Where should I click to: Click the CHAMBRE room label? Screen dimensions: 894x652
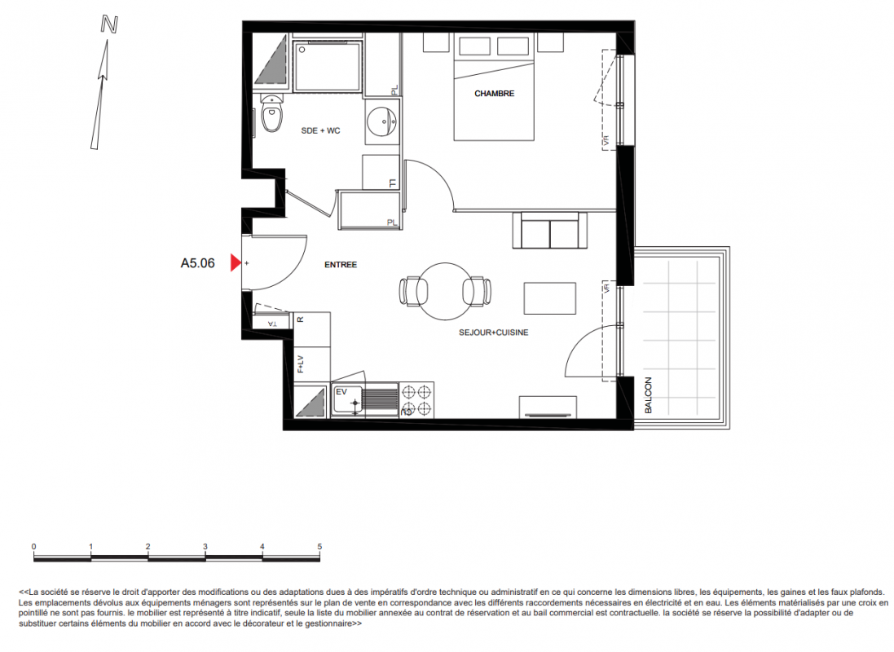(495, 94)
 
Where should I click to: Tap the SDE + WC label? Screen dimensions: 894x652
(320, 130)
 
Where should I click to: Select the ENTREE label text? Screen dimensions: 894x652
(341, 265)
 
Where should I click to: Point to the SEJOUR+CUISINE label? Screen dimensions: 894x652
(494, 333)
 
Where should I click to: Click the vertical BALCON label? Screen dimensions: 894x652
(648, 395)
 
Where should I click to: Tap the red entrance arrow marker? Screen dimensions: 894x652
(236, 263)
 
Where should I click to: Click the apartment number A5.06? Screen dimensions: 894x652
(198, 263)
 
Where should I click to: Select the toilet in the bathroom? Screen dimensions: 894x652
(272, 113)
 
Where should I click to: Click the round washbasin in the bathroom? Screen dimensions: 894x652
(382, 121)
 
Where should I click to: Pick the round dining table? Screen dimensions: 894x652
(445, 291)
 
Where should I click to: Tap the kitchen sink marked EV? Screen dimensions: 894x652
(347, 399)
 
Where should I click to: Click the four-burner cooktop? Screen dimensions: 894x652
(416, 400)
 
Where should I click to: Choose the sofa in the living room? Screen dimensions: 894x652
(549, 231)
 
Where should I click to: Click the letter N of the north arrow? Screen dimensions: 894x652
(109, 25)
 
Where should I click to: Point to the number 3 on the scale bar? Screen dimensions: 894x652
(205, 547)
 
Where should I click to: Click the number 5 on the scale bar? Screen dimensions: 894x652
(319, 547)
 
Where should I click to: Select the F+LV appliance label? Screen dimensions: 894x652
(300, 364)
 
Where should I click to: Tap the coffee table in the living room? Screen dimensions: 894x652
(549, 297)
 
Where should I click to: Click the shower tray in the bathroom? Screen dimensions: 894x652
(328, 65)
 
